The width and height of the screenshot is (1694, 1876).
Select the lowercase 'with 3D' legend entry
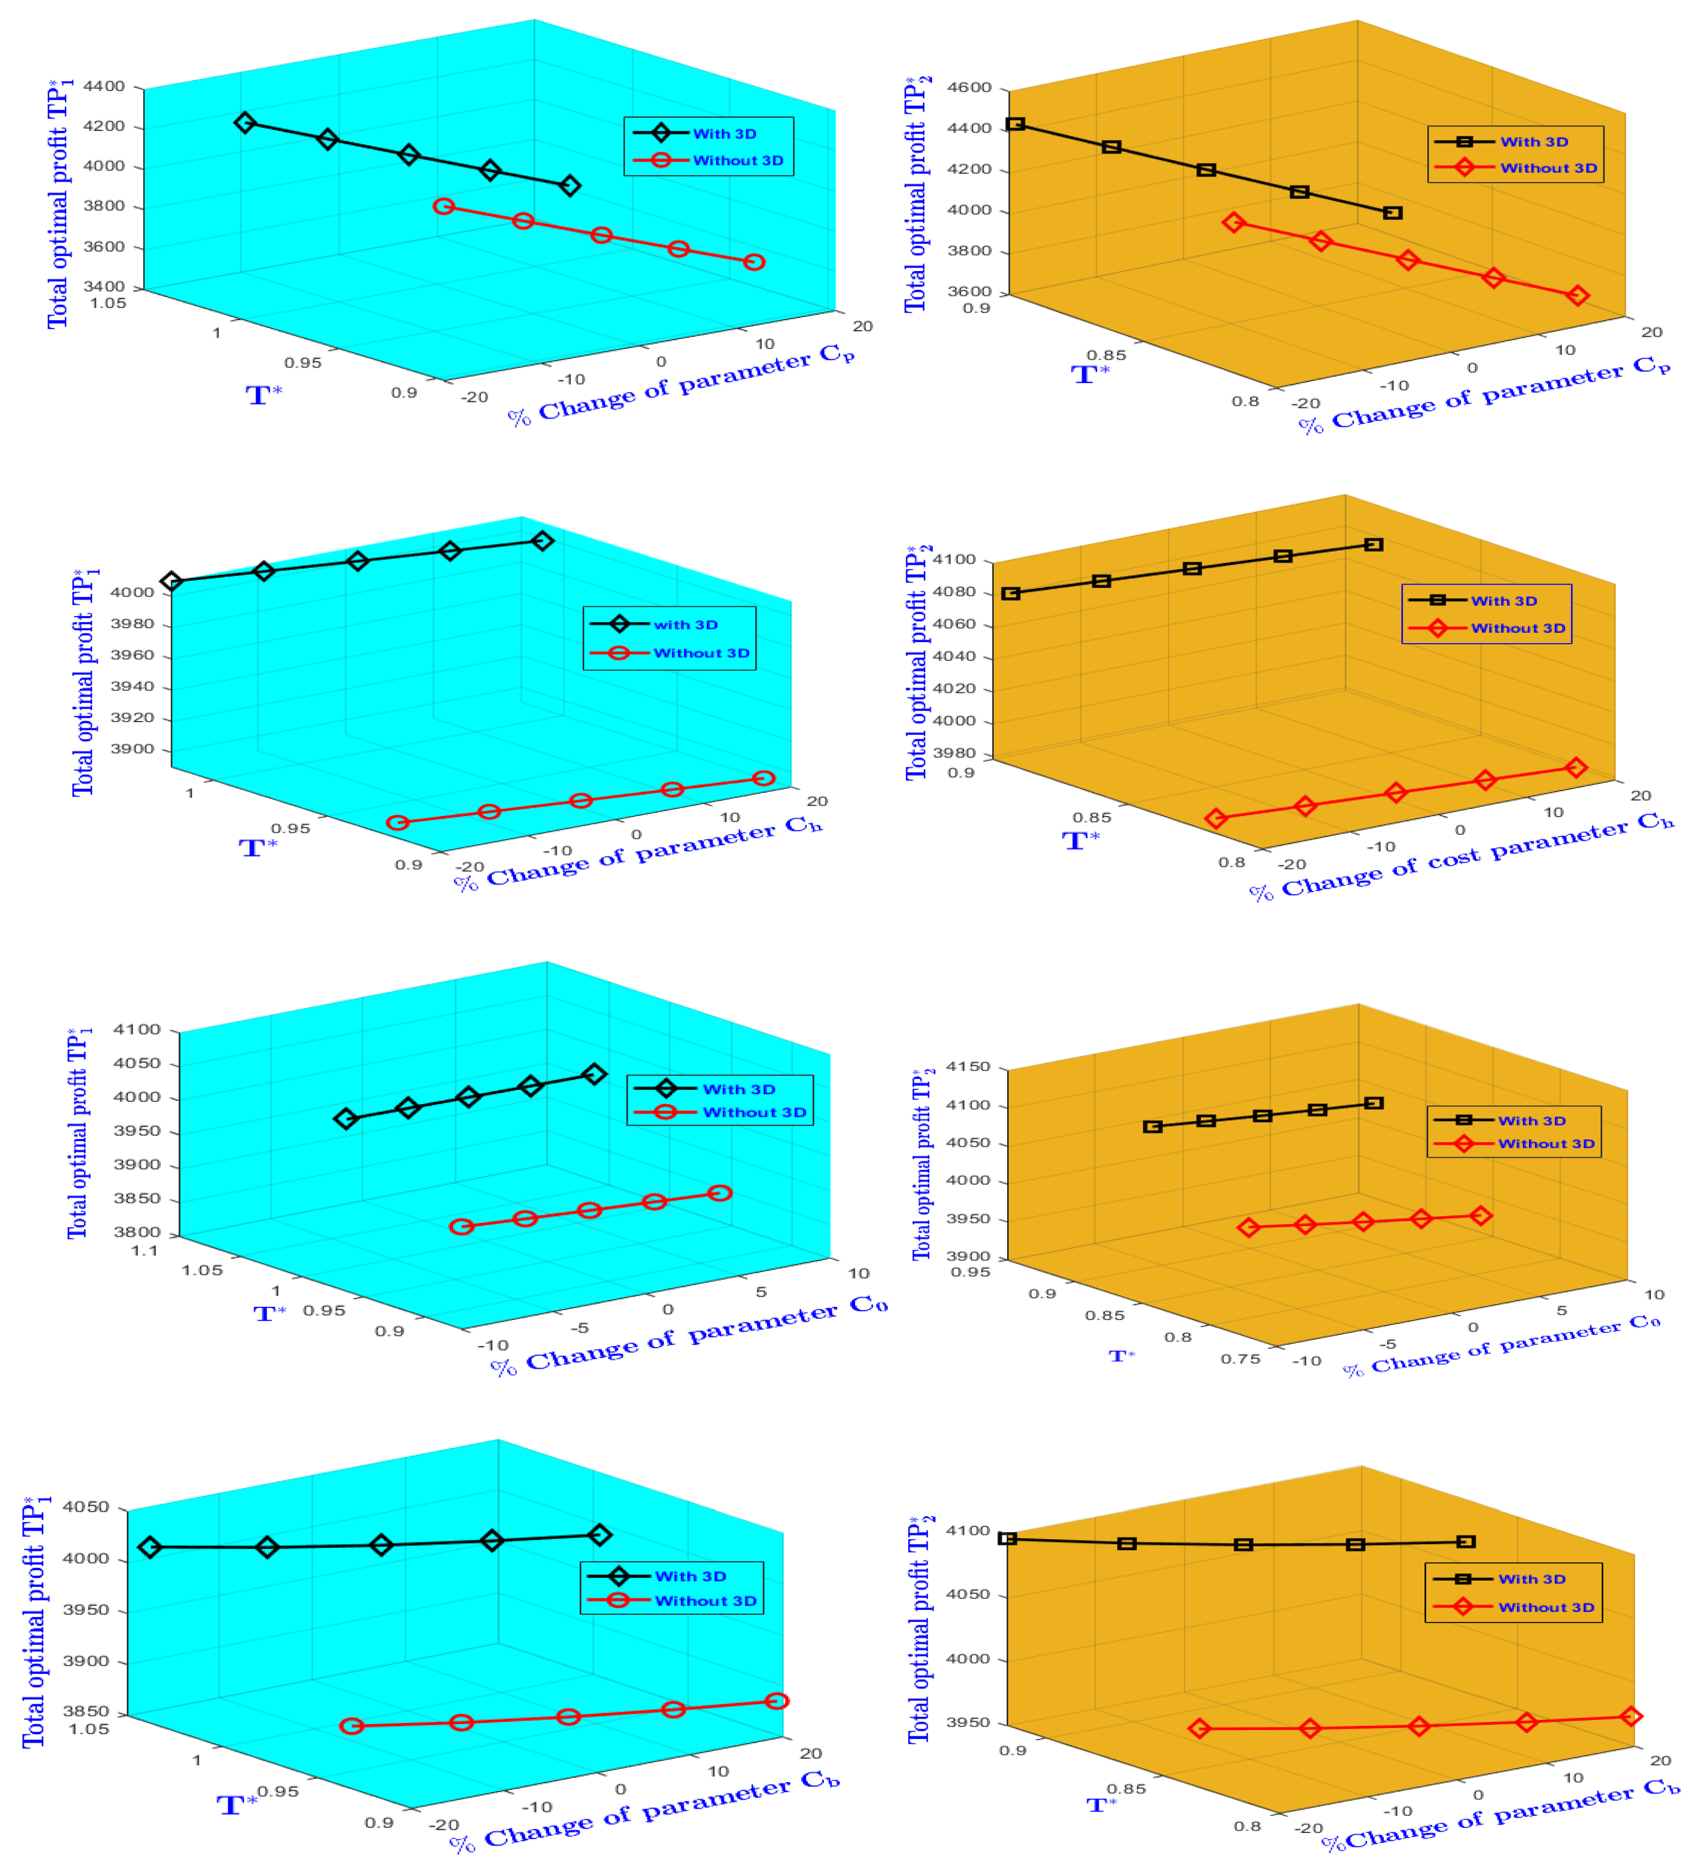pyautogui.click(x=685, y=624)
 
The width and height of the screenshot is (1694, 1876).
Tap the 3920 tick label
pyautogui.click(x=132, y=718)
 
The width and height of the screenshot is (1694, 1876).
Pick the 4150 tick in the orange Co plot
pyautogui.click(x=968, y=1067)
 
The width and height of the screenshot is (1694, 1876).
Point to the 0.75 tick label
pyautogui.click(x=1241, y=1360)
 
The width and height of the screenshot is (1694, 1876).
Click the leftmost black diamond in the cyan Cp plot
pyautogui.click(x=245, y=123)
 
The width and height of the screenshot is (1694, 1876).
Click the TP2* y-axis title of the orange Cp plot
pyautogui.click(x=917, y=195)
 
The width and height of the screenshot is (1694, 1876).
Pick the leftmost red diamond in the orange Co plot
pyautogui.click(x=1249, y=1227)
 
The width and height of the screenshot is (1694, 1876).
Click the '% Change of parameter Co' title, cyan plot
pyautogui.click(x=689, y=1336)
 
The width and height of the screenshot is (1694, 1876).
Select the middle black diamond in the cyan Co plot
pyautogui.click(x=468, y=1096)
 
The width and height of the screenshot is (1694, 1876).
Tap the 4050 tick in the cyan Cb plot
pyautogui.click(x=86, y=1507)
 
